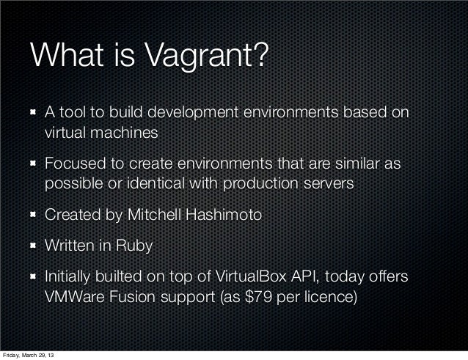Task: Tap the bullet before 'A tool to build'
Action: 34,114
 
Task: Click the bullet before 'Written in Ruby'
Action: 34,247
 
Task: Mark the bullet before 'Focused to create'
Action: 34,165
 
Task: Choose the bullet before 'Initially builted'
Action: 34,279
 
